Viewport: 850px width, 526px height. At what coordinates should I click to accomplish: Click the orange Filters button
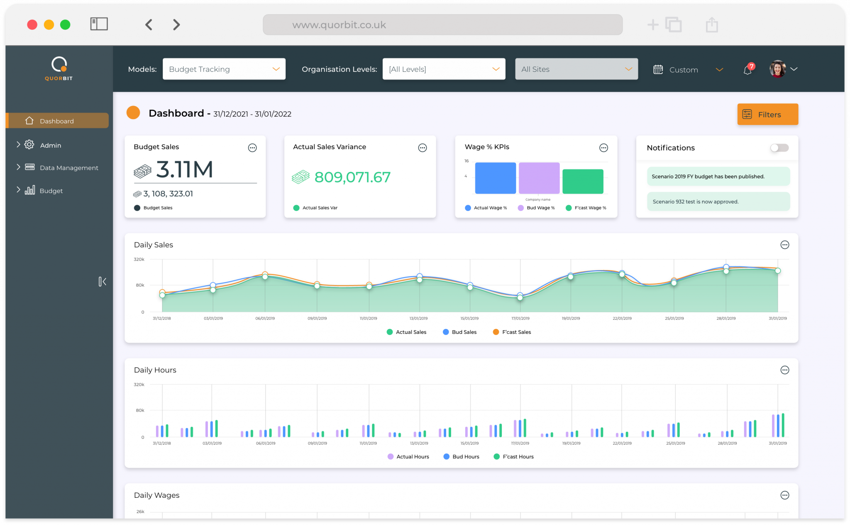click(767, 114)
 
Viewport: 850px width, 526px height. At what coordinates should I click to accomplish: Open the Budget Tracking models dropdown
click(224, 69)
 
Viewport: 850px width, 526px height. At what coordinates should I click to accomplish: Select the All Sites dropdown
click(576, 69)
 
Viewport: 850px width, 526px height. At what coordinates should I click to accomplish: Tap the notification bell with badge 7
click(748, 70)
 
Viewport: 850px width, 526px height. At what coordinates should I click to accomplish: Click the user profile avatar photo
click(777, 69)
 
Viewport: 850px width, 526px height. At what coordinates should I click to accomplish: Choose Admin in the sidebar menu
click(50, 145)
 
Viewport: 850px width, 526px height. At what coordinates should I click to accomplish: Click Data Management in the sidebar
click(68, 168)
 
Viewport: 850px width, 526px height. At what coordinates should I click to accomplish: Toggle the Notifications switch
click(779, 148)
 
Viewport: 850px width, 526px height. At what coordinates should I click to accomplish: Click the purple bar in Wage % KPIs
click(539, 178)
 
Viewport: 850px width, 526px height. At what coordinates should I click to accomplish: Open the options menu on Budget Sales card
click(252, 148)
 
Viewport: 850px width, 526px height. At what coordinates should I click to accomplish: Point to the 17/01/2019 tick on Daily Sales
click(520, 318)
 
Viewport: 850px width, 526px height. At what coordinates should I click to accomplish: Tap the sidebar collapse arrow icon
click(102, 282)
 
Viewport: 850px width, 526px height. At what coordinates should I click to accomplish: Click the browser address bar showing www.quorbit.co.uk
click(442, 25)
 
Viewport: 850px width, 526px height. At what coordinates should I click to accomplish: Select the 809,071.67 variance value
click(352, 177)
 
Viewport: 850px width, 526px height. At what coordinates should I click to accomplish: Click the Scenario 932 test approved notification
click(718, 202)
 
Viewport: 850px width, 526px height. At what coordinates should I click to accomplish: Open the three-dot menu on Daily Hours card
click(784, 370)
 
